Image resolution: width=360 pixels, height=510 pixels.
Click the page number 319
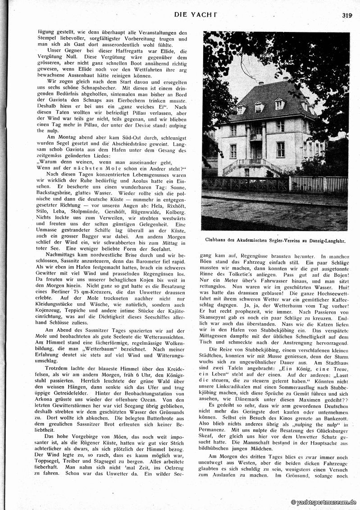tap(346, 14)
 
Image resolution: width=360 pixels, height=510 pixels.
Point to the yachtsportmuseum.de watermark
tap(324, 502)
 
